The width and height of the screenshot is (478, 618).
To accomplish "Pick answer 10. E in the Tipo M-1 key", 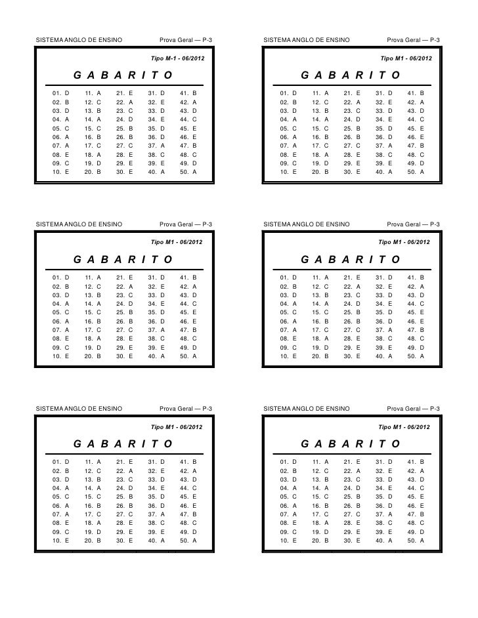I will click(61, 171).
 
